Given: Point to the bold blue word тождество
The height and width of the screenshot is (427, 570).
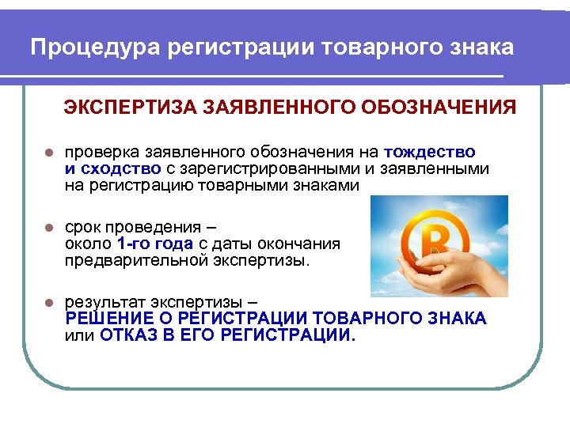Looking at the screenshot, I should tap(429, 152).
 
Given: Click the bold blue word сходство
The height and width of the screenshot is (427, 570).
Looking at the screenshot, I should tap(120, 168).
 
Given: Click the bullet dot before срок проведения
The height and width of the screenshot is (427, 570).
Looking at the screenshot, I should tap(48, 228).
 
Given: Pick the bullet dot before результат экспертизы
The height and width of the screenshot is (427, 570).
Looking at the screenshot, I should tap(48, 303).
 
